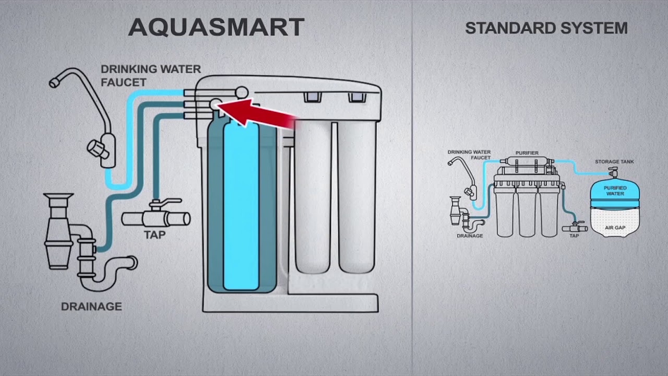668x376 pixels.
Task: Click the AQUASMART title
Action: pos(216,27)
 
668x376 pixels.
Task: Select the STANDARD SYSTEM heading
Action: pos(546,28)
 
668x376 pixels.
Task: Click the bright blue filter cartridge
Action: pos(241,206)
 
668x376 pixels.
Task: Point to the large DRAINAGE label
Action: pos(91,307)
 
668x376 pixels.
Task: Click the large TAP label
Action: pos(154,235)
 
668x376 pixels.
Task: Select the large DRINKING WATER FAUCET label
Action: pos(150,75)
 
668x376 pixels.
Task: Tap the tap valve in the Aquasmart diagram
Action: pos(156,217)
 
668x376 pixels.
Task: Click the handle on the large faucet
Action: pos(99,149)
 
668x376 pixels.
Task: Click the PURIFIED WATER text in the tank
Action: pos(615,191)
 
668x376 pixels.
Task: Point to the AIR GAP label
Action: pos(615,228)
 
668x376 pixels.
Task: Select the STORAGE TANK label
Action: pos(614,162)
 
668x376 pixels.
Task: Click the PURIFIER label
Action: pos(527,153)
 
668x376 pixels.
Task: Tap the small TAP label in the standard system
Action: pos(574,236)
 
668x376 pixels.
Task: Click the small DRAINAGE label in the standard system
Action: pos(470,236)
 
